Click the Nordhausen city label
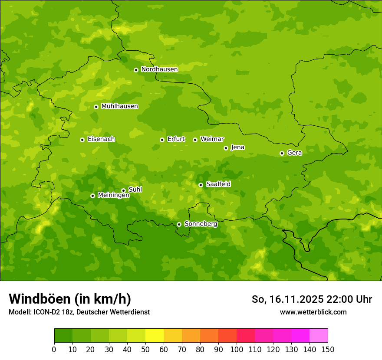[x=159, y=69]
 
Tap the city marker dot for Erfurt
[x=162, y=140]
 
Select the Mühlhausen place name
[x=119, y=106]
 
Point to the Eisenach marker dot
[x=82, y=140]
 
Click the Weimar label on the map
[x=212, y=139]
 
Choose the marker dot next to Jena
[x=226, y=148]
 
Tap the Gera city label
[x=294, y=153]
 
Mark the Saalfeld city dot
[x=201, y=185]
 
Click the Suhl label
[x=135, y=190]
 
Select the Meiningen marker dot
[x=92, y=196]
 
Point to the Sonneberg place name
[x=201, y=224]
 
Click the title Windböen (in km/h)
[x=70, y=299]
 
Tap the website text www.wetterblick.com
[x=313, y=312]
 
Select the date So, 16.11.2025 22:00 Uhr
[x=312, y=299]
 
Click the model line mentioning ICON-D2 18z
[x=79, y=312]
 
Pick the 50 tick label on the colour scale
[x=145, y=349]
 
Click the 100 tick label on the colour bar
[x=237, y=349]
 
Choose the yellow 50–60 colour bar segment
[x=155, y=336]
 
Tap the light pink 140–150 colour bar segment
[x=319, y=336]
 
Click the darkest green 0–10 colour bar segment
[x=63, y=336]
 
